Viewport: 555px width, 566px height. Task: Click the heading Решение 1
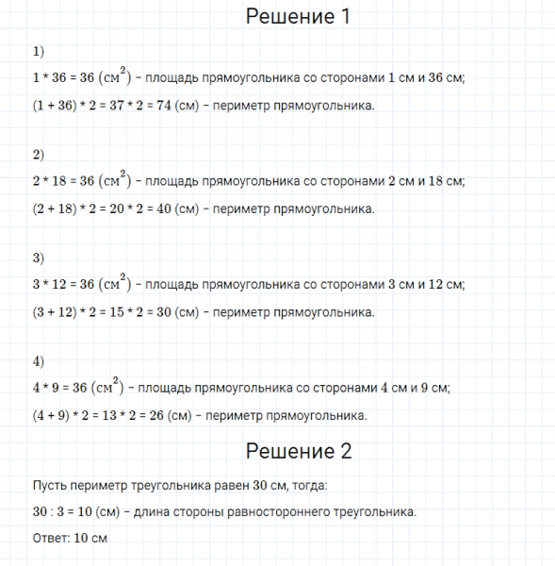tap(297, 16)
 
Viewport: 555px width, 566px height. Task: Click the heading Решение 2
tap(297, 451)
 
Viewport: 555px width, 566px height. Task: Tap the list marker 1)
tap(38, 51)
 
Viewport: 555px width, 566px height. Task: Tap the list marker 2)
tap(38, 154)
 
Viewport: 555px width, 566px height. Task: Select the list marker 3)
tap(38, 258)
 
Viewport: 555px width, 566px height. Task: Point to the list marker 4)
tap(38, 360)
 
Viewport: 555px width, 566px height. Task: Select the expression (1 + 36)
tap(55, 106)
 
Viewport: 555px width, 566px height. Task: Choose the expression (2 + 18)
tap(55, 208)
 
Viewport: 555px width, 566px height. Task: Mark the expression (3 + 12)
tap(55, 312)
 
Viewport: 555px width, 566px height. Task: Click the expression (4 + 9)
tap(51, 415)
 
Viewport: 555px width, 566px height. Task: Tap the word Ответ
tap(49, 538)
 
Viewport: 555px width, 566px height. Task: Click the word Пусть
tap(49, 486)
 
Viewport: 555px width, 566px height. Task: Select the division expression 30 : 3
tap(46, 512)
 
